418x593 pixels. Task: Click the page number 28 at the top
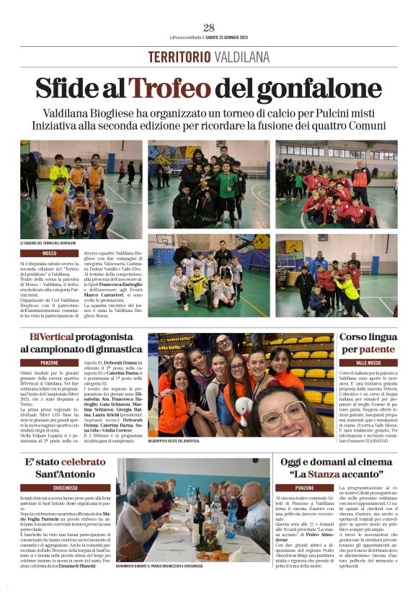(x=209, y=27)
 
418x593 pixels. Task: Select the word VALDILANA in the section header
(x=241, y=57)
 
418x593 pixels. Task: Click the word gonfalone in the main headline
(x=324, y=89)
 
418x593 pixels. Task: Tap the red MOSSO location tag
(x=49, y=254)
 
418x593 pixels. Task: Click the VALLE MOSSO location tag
(x=368, y=362)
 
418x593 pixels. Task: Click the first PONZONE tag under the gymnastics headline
(x=49, y=362)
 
